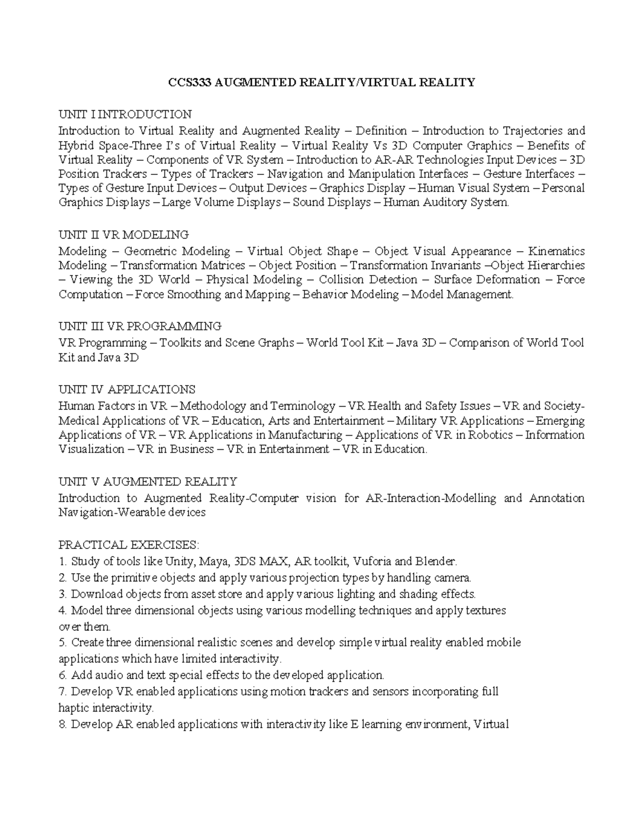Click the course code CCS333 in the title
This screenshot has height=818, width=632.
(x=184, y=83)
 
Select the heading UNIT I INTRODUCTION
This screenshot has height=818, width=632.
(x=125, y=114)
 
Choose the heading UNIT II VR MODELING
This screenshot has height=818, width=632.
(x=123, y=234)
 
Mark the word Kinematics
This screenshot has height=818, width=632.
(x=556, y=251)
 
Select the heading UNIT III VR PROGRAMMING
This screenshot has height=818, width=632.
(x=140, y=326)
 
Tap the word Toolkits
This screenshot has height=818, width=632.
(x=180, y=343)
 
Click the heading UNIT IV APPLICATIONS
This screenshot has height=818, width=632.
(x=126, y=390)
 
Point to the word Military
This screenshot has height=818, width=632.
(x=416, y=421)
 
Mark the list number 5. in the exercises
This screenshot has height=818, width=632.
(x=62, y=643)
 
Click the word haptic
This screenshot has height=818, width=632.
(x=73, y=707)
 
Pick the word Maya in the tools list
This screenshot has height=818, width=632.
(x=210, y=561)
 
